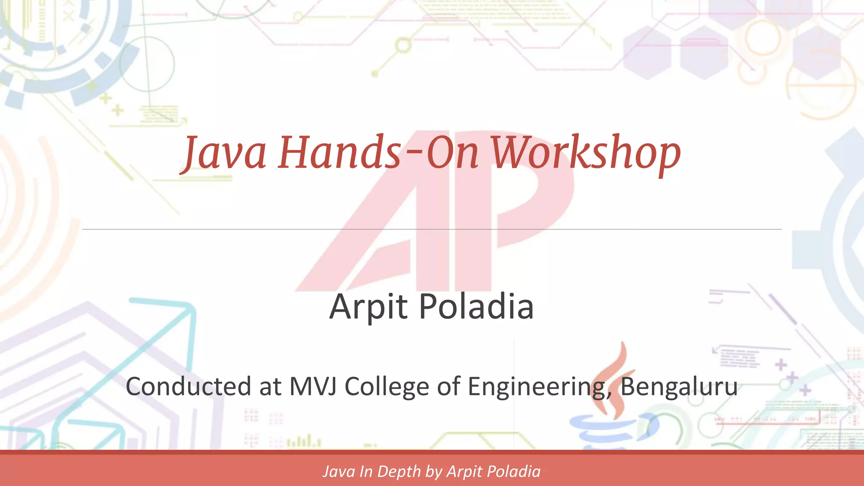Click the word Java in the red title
click(225, 153)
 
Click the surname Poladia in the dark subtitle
click(476, 307)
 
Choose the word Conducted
click(189, 386)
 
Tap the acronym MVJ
click(313, 386)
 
